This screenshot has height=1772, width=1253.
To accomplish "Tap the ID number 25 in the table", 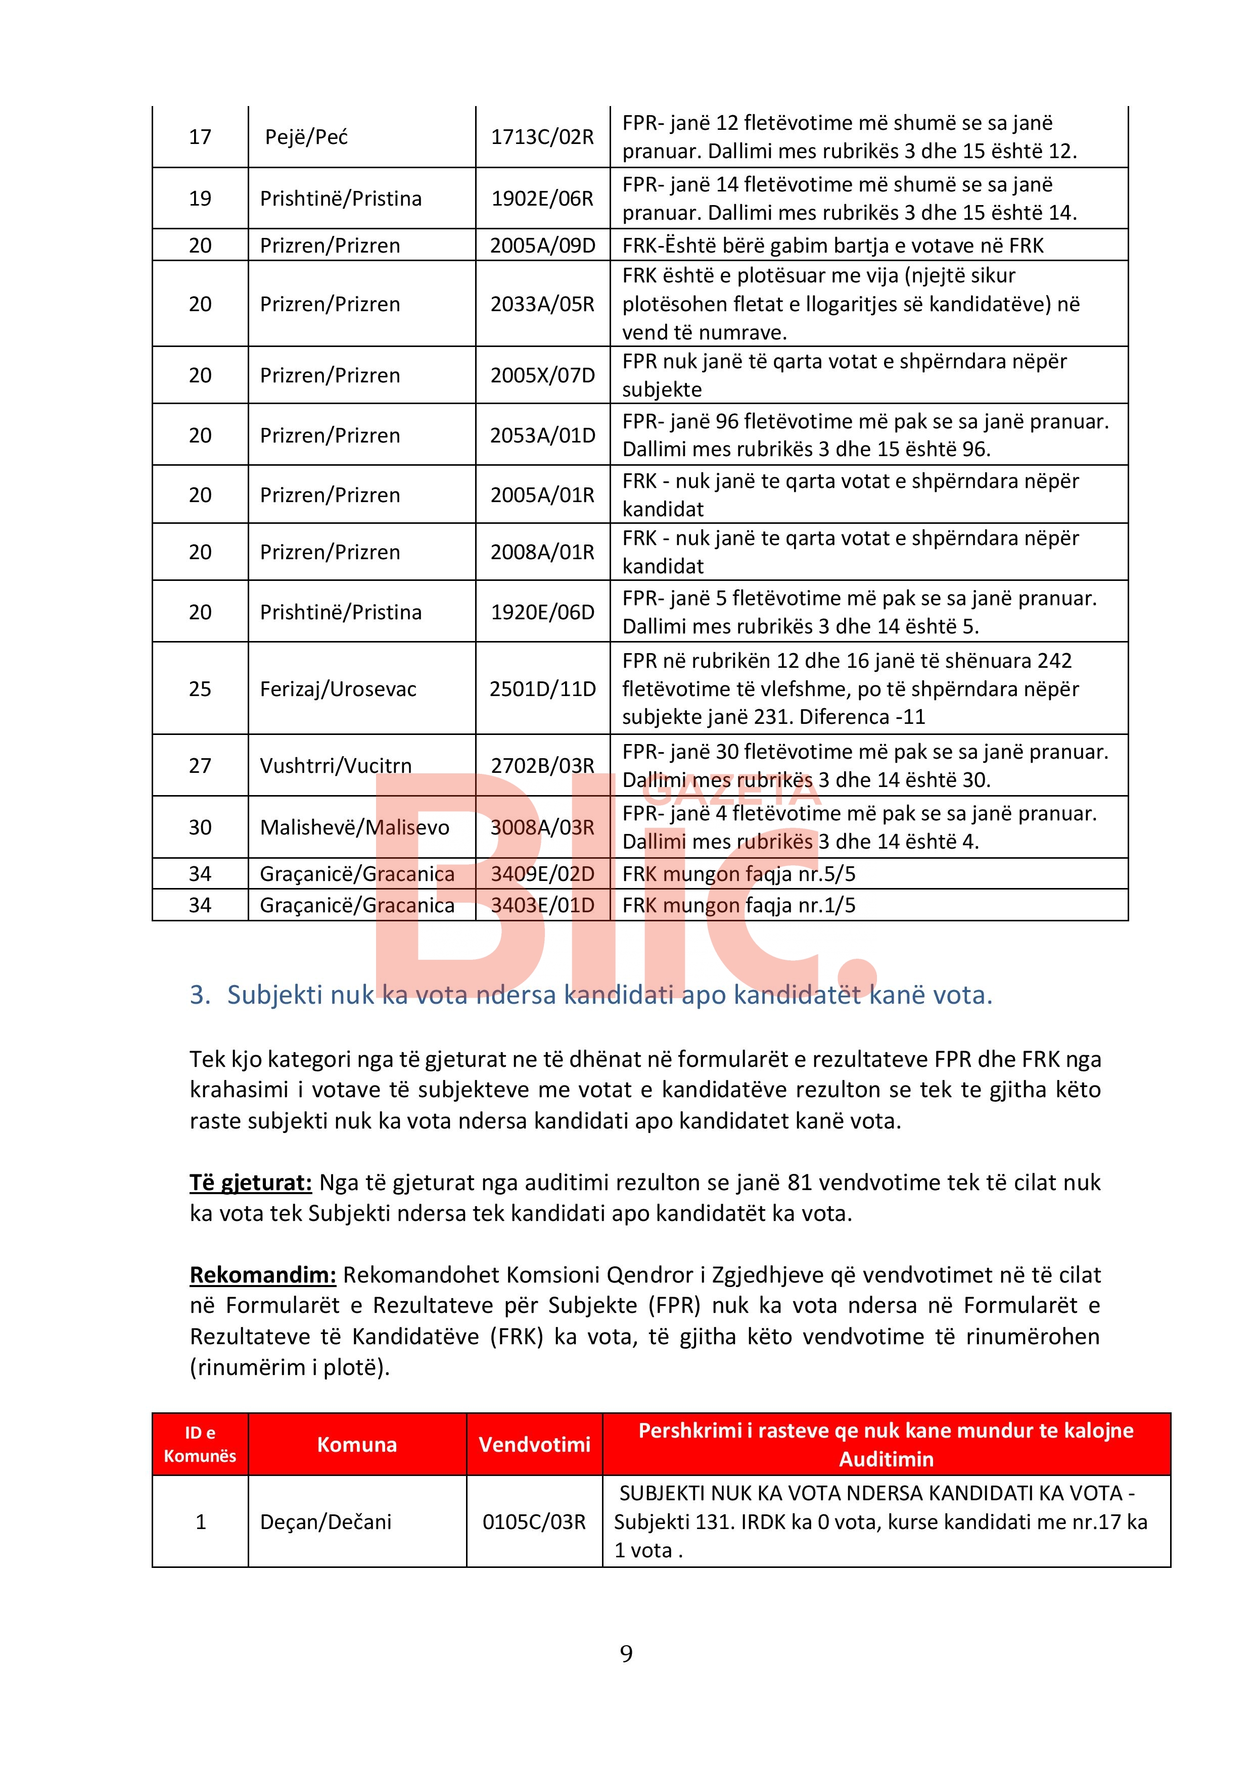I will [x=200, y=688].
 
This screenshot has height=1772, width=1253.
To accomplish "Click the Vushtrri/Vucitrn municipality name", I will [x=336, y=766].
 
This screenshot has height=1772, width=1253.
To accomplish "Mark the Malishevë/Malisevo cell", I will [x=354, y=827].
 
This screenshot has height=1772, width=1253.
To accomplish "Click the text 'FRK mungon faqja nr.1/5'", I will [x=739, y=905].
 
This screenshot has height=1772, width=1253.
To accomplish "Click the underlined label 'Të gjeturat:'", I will [x=251, y=1183].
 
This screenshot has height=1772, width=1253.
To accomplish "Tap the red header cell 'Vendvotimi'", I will [x=534, y=1445].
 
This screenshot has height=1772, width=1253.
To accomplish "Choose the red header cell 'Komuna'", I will [x=357, y=1445].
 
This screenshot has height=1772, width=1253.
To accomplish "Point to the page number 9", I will [x=626, y=1653].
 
